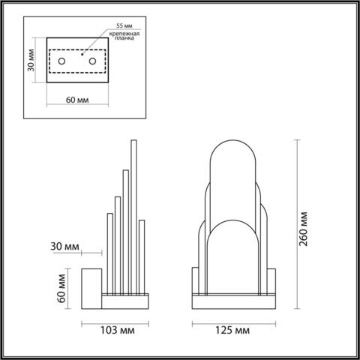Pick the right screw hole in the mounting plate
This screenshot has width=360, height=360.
click(91, 59)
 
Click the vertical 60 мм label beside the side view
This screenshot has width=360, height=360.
click(61, 286)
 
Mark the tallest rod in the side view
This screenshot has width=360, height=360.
click(135, 217)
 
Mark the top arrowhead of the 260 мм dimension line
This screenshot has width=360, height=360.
click(297, 141)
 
